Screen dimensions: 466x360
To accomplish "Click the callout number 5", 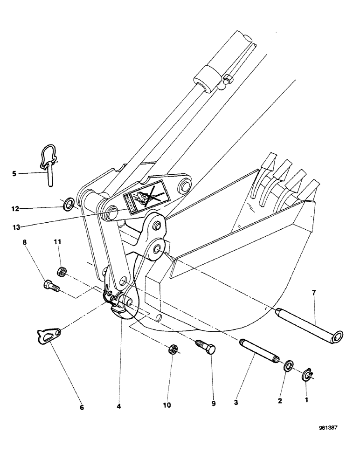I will point(15,174).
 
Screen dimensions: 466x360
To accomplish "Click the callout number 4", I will point(120,406).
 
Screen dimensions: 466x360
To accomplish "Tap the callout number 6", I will point(82,407).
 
